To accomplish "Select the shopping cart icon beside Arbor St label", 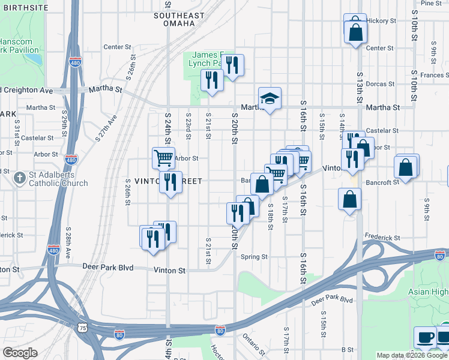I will click(163, 158).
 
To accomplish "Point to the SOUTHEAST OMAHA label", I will click(175, 19).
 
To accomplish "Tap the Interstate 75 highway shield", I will click(82, 328).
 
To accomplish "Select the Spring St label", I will click(254, 257).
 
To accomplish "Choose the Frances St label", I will click(435, 76).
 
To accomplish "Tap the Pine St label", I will click(431, 3).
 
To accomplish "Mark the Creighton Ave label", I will click(27, 90).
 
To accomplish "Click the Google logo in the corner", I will click(20, 352).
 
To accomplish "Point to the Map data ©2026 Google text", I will click(412, 355).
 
